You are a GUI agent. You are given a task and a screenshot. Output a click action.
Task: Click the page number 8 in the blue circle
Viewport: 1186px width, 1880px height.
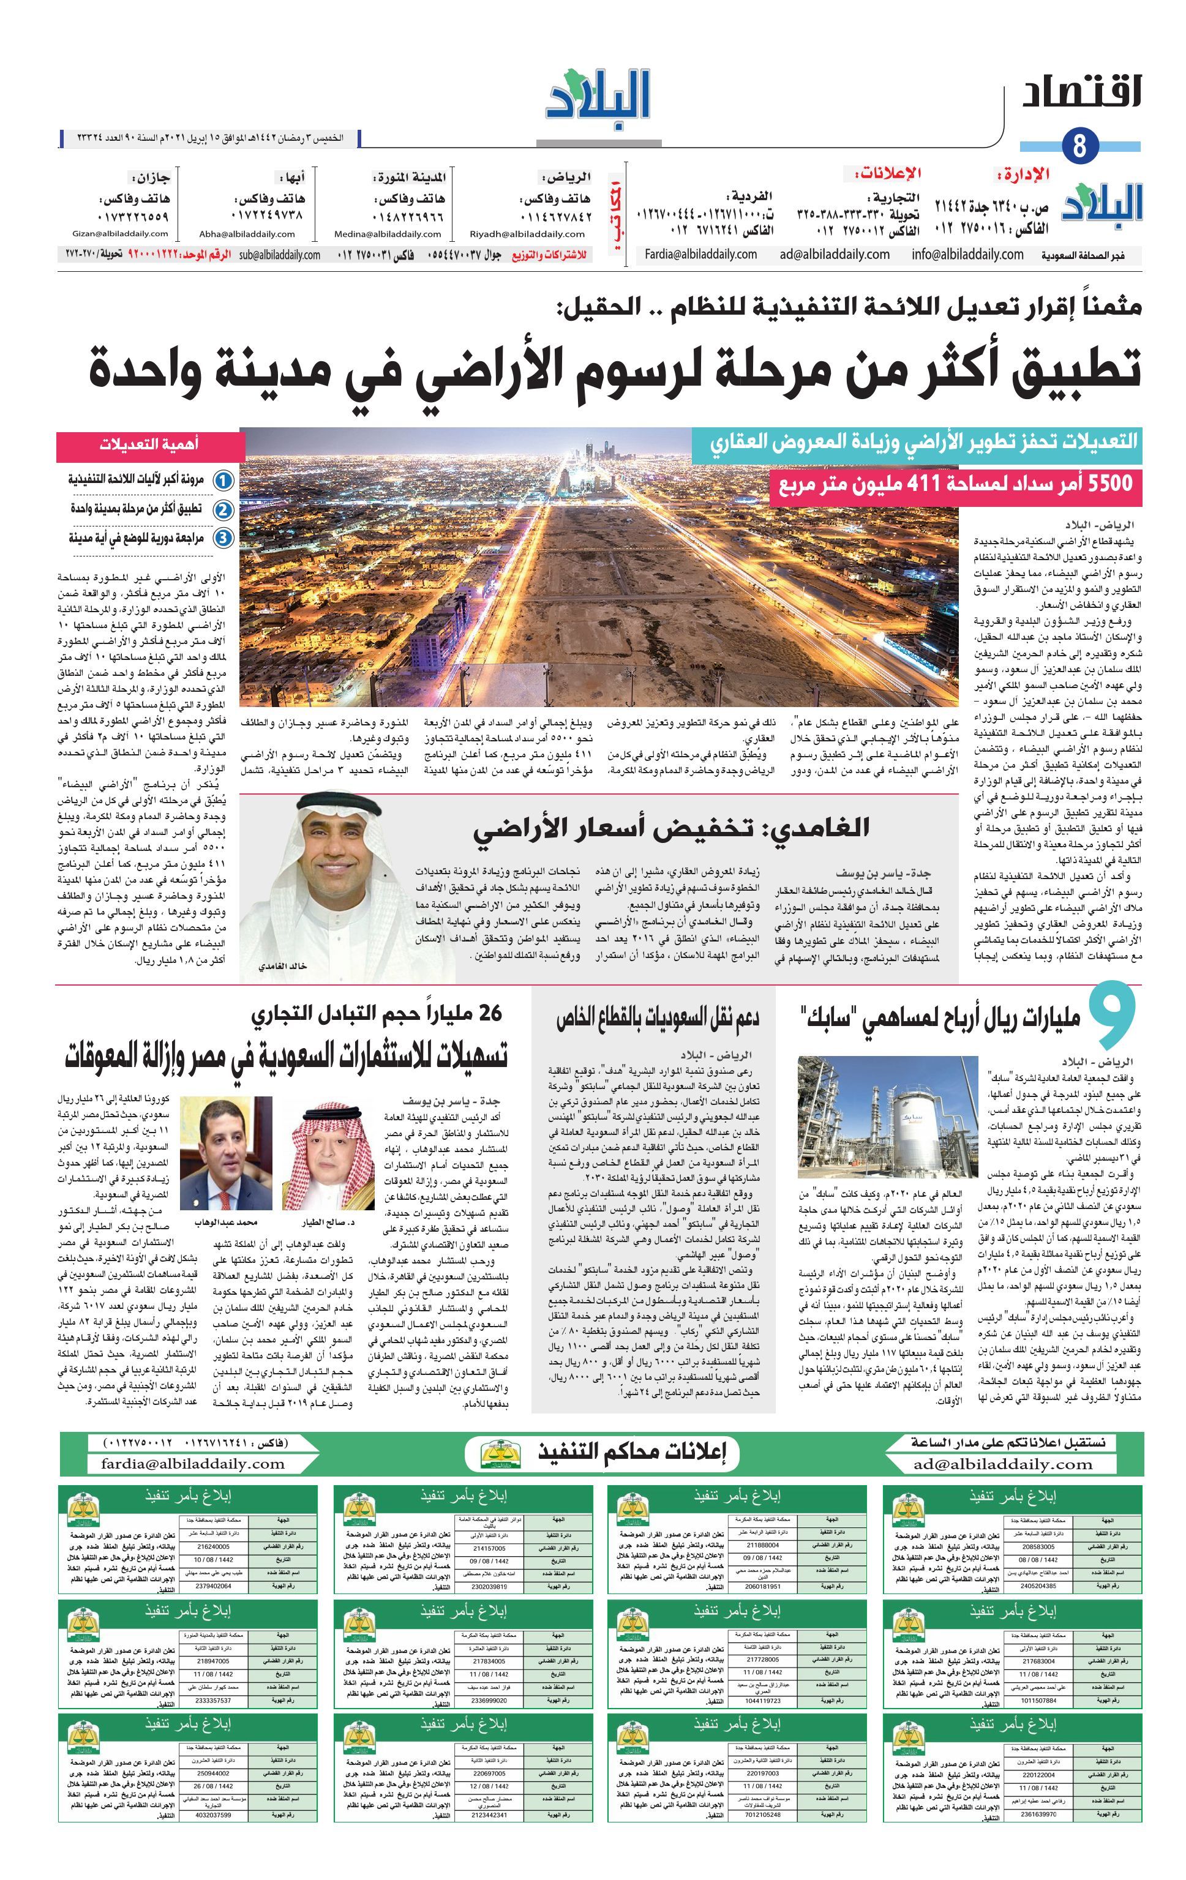click(x=1081, y=146)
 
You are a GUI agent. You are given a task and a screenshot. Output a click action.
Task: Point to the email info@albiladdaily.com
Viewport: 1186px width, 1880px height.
click(x=967, y=255)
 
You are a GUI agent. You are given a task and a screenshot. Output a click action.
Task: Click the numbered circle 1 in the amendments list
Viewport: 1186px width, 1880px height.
click(x=224, y=480)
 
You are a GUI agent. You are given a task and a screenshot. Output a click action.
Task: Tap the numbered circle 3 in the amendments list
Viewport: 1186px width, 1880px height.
click(x=224, y=538)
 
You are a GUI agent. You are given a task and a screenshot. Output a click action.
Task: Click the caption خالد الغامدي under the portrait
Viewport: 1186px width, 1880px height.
click(x=283, y=967)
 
